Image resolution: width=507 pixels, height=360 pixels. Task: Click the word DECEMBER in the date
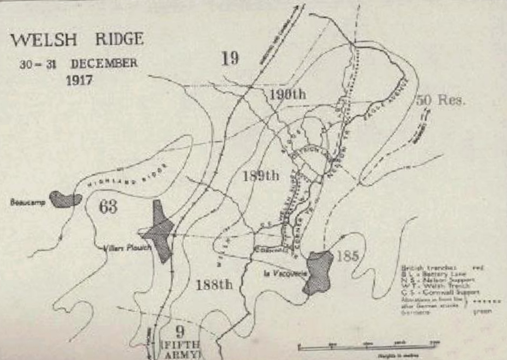click(104, 63)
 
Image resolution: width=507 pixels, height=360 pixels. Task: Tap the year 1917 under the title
click(79, 80)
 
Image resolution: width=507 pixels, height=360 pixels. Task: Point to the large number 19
click(230, 58)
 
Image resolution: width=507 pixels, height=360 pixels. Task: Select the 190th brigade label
click(287, 94)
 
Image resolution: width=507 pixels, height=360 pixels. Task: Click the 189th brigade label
click(261, 175)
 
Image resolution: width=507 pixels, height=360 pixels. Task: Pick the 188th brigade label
click(214, 285)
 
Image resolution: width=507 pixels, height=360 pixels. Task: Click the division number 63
click(108, 206)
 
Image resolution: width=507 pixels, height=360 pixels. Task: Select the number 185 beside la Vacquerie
click(347, 256)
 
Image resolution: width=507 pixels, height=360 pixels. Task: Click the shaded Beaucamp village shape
click(66, 199)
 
